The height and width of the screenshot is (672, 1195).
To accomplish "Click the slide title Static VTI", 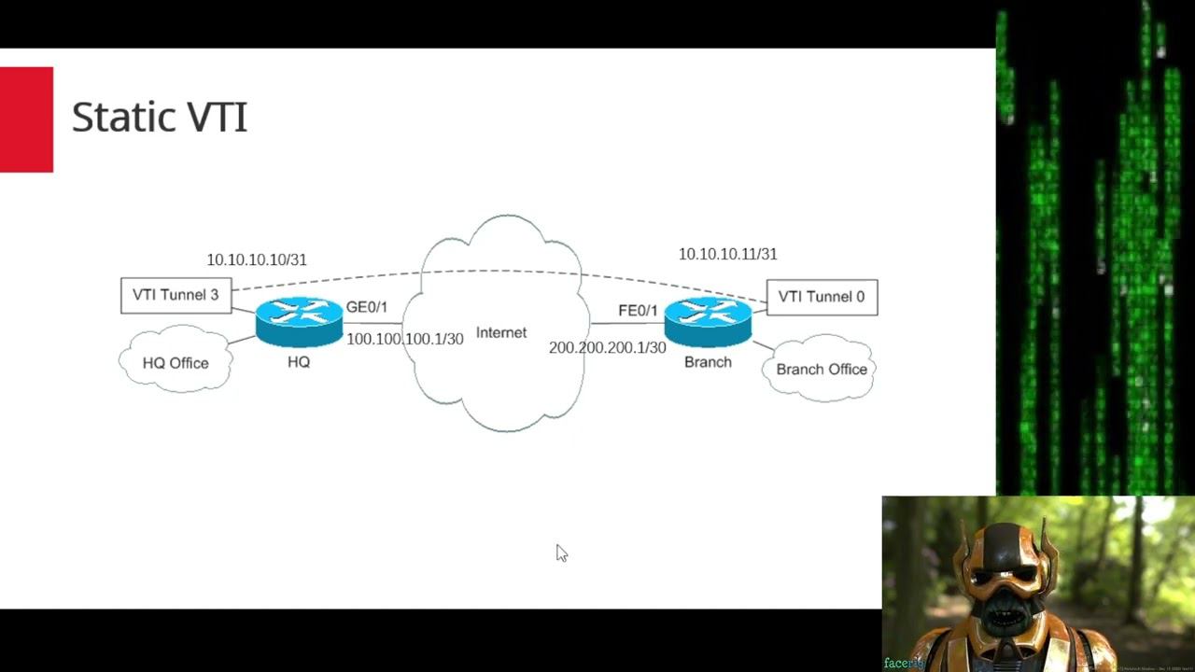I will tap(159, 118).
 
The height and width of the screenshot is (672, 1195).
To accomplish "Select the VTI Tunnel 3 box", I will tap(176, 295).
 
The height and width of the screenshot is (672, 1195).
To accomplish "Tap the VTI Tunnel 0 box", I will tap(822, 297).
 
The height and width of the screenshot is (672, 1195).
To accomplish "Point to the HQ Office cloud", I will tap(176, 362).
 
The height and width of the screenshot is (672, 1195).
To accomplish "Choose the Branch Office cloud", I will tap(822, 369).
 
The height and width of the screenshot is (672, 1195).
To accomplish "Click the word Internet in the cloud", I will tap(501, 332).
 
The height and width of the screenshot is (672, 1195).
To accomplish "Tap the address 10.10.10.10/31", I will tap(257, 259).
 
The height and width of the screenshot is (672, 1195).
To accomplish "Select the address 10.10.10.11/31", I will tap(727, 254).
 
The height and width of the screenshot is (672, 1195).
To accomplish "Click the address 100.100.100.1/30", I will tap(405, 339).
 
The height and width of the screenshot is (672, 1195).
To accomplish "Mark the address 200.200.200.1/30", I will tap(607, 347).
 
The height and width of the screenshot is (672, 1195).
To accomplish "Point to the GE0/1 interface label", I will tap(367, 307).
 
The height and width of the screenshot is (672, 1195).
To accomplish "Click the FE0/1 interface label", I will tap(638, 311).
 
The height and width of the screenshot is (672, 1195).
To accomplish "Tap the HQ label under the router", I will tap(299, 362).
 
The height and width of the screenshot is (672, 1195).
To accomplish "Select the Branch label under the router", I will tap(708, 362).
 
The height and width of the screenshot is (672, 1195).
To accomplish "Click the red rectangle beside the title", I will tap(26, 119).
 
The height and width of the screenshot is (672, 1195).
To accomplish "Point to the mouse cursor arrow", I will tap(561, 553).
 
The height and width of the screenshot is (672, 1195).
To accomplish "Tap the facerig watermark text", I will tap(903, 663).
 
